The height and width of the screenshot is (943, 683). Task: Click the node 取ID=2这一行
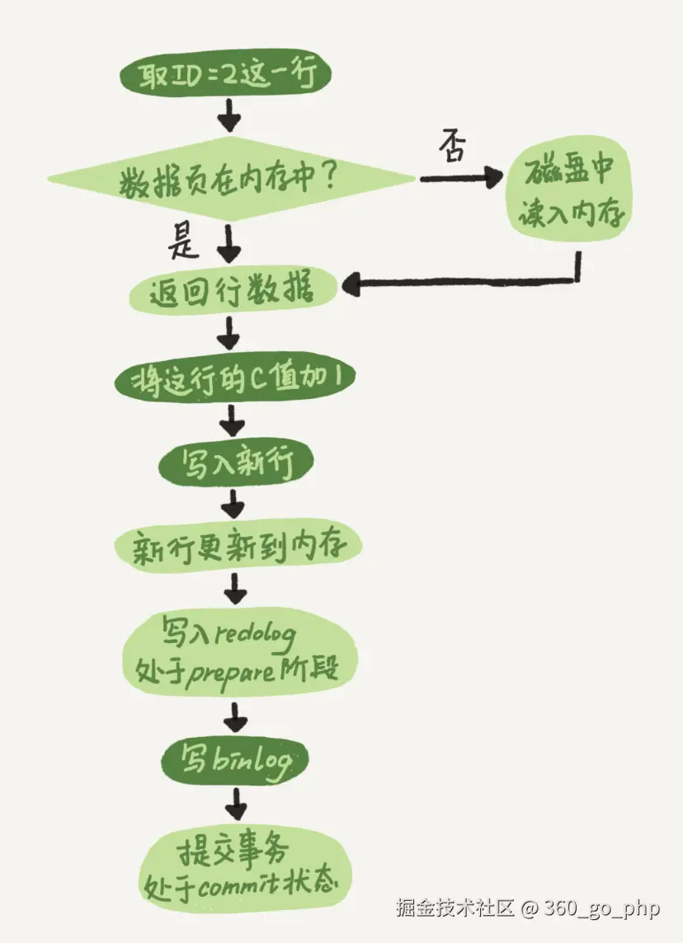pos(225,77)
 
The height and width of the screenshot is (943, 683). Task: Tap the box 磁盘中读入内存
pos(568,195)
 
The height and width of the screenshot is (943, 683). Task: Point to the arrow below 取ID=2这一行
pos(228,117)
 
